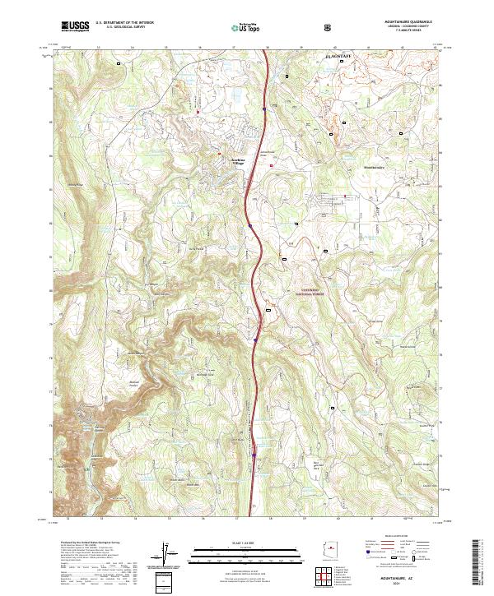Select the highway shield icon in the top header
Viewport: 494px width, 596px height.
point(329,26)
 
